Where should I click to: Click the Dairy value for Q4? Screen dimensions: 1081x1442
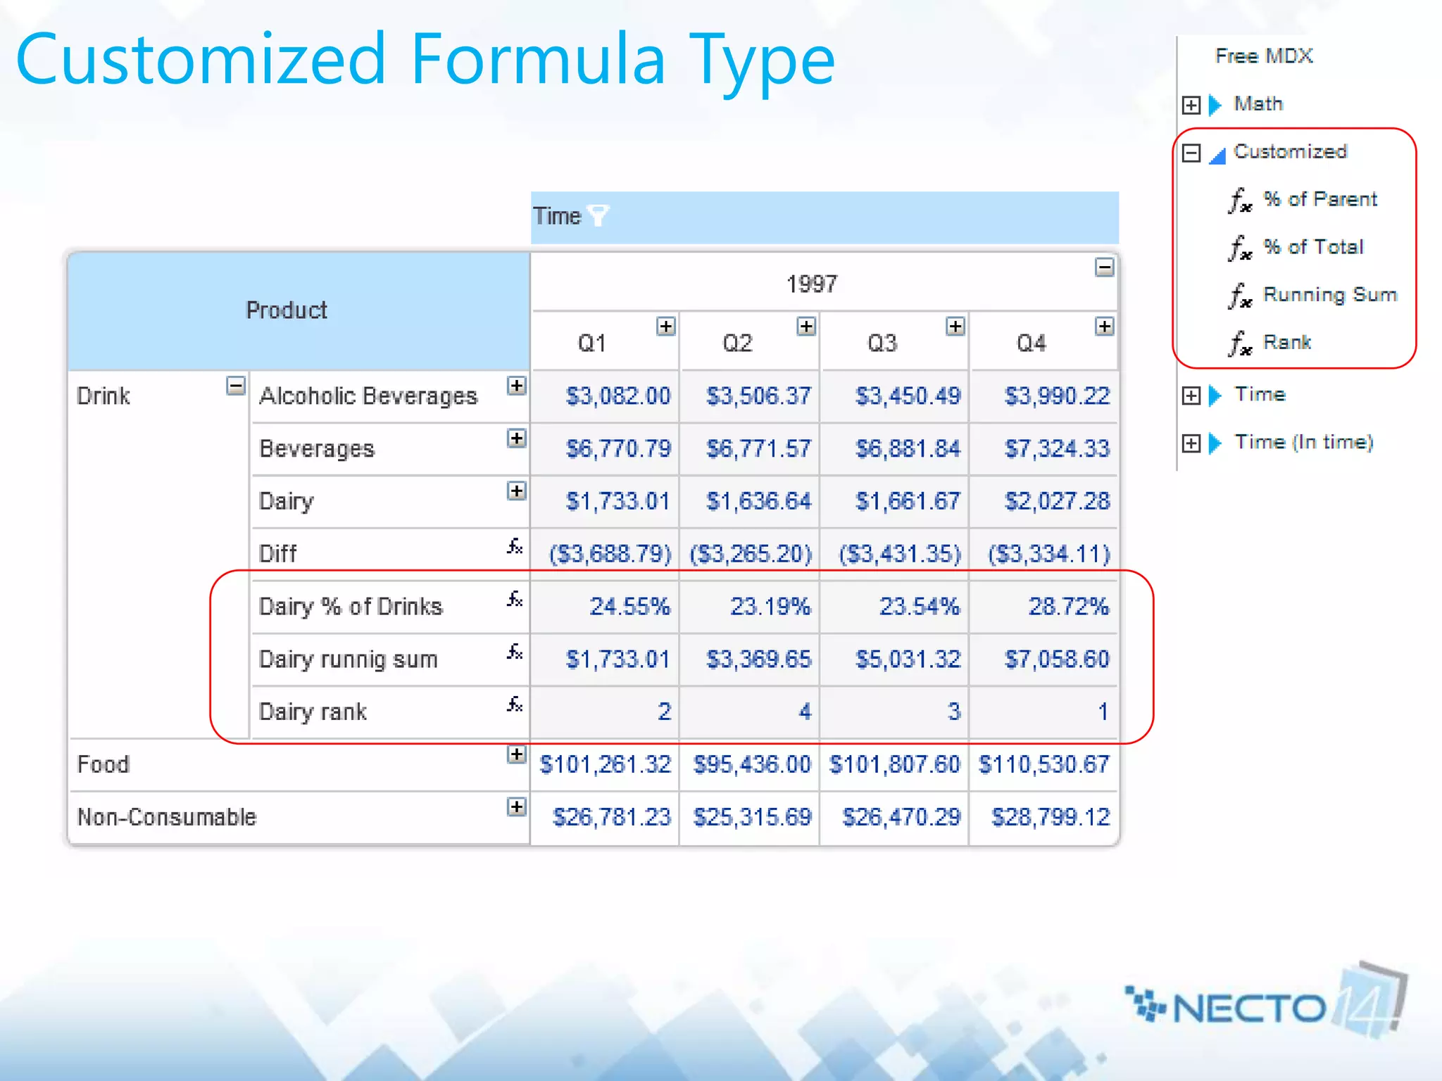(1056, 501)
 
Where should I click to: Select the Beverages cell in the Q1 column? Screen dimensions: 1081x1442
(618, 448)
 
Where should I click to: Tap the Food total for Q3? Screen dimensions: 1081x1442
(894, 764)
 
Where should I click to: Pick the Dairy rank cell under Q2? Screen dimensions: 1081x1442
(805, 712)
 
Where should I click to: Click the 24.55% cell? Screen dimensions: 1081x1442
(629, 606)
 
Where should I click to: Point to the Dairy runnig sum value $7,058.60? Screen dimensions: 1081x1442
(1056, 659)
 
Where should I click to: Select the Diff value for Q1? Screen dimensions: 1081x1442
(610, 554)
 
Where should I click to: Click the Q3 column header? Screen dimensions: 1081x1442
(882, 343)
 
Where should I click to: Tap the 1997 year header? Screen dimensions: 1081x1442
(811, 284)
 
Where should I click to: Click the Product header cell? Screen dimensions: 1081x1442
(287, 310)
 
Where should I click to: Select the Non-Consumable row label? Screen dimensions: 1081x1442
(167, 817)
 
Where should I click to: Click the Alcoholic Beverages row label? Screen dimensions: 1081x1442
(368, 396)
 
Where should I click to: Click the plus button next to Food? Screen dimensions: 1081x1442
(516, 754)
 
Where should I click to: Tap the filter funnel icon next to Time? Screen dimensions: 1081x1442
(598, 215)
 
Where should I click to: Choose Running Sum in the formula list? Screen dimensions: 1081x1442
(1329, 294)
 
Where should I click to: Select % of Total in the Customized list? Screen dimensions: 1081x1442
(1312, 247)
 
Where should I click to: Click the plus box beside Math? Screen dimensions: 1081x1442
(1191, 105)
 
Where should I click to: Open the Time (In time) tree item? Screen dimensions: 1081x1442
(1303, 442)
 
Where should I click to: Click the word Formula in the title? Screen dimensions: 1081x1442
(538, 59)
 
